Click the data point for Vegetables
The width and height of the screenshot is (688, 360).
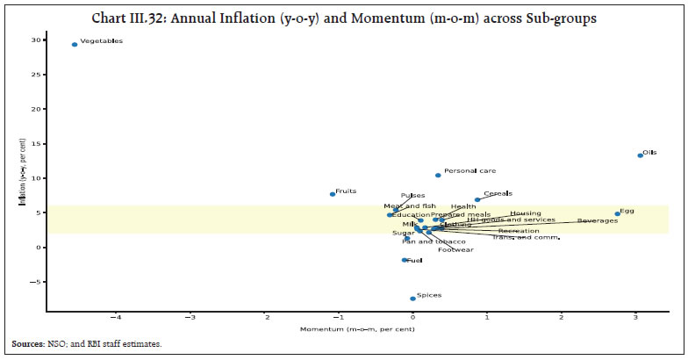coord(75,44)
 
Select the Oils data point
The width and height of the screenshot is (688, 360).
coord(640,155)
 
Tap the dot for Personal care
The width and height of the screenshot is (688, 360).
coord(438,175)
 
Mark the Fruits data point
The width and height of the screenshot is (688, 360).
coord(333,194)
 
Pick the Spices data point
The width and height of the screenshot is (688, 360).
coord(412,299)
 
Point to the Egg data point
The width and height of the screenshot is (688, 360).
coord(618,213)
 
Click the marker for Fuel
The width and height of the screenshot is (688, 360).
coord(405,260)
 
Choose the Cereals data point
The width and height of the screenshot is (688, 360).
coord(477,199)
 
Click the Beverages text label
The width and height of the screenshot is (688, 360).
coord(597,220)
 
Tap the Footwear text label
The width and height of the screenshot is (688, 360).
coord(455,250)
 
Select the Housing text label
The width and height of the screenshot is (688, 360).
coord(526,213)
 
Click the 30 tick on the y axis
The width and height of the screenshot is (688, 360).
coord(36,40)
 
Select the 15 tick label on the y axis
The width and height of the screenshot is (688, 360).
coord(36,144)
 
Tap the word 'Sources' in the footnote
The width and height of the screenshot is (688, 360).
coord(28,344)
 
